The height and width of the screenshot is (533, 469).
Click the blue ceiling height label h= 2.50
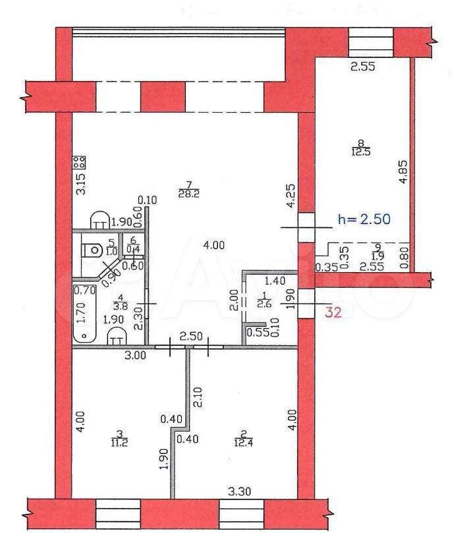point(365,219)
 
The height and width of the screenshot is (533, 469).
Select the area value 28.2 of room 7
point(184,194)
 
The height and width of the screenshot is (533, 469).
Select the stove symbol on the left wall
point(79,162)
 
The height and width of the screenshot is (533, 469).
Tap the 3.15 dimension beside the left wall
point(80,182)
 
